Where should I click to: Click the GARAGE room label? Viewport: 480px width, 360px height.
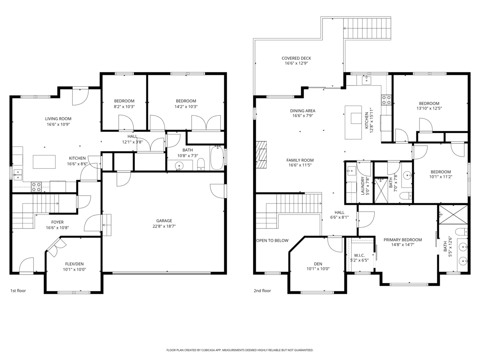pos(164,220)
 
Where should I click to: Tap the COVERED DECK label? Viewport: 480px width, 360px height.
pos(296,58)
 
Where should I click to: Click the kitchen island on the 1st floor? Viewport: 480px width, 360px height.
pos(44,162)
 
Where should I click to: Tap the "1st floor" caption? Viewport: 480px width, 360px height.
pos(18,291)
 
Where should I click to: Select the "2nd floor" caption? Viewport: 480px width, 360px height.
pos(262,291)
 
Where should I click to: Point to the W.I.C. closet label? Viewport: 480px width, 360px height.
pos(359,255)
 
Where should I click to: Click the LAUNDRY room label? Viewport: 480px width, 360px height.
pos(363,186)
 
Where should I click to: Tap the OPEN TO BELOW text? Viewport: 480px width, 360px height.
pos(272,240)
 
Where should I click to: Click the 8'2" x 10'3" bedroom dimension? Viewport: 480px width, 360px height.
pos(124,106)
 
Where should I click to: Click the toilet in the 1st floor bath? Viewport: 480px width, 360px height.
pos(201,164)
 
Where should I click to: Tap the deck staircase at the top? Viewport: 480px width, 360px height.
pos(366,28)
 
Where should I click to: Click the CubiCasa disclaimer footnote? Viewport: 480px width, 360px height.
pos(240,350)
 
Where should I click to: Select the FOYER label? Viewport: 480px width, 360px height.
pos(57,222)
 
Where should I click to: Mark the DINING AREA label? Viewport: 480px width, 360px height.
pos(303,111)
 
